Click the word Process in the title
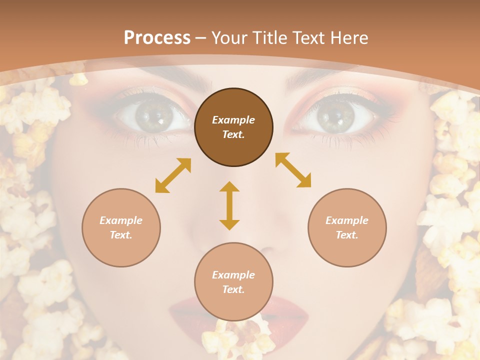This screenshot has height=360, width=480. [157, 38]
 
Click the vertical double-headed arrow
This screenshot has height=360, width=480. [229, 205]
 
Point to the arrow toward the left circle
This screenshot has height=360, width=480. [173, 175]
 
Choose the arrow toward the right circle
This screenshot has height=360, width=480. [293, 170]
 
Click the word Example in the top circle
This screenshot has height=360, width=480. [233, 120]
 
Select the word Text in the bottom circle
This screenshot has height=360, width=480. [233, 289]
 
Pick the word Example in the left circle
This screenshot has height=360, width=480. [121, 220]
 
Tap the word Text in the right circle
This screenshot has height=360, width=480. [347, 235]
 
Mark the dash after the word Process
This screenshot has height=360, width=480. [200, 38]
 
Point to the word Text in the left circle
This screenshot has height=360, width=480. [121, 235]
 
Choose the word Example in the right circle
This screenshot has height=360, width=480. [347, 220]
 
